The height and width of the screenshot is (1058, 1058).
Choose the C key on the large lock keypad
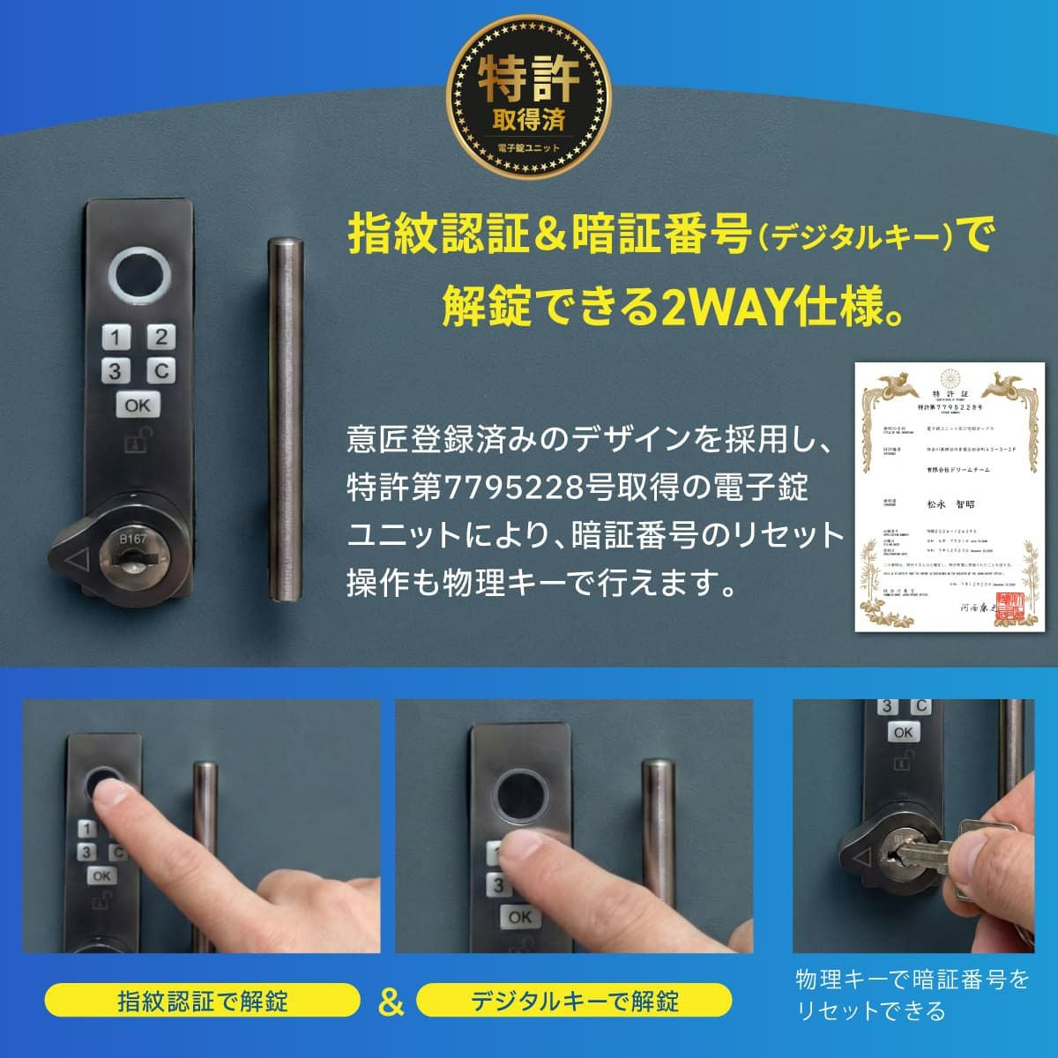(160, 371)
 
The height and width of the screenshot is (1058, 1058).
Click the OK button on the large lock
(138, 406)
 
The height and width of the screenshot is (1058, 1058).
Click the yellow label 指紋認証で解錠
(203, 1001)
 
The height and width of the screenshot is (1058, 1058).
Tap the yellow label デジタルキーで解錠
(574, 1001)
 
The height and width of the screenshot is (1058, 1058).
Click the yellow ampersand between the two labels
(389, 1002)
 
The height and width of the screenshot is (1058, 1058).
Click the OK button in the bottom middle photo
(519, 917)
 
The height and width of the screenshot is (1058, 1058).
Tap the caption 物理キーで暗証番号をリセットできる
(912, 995)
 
